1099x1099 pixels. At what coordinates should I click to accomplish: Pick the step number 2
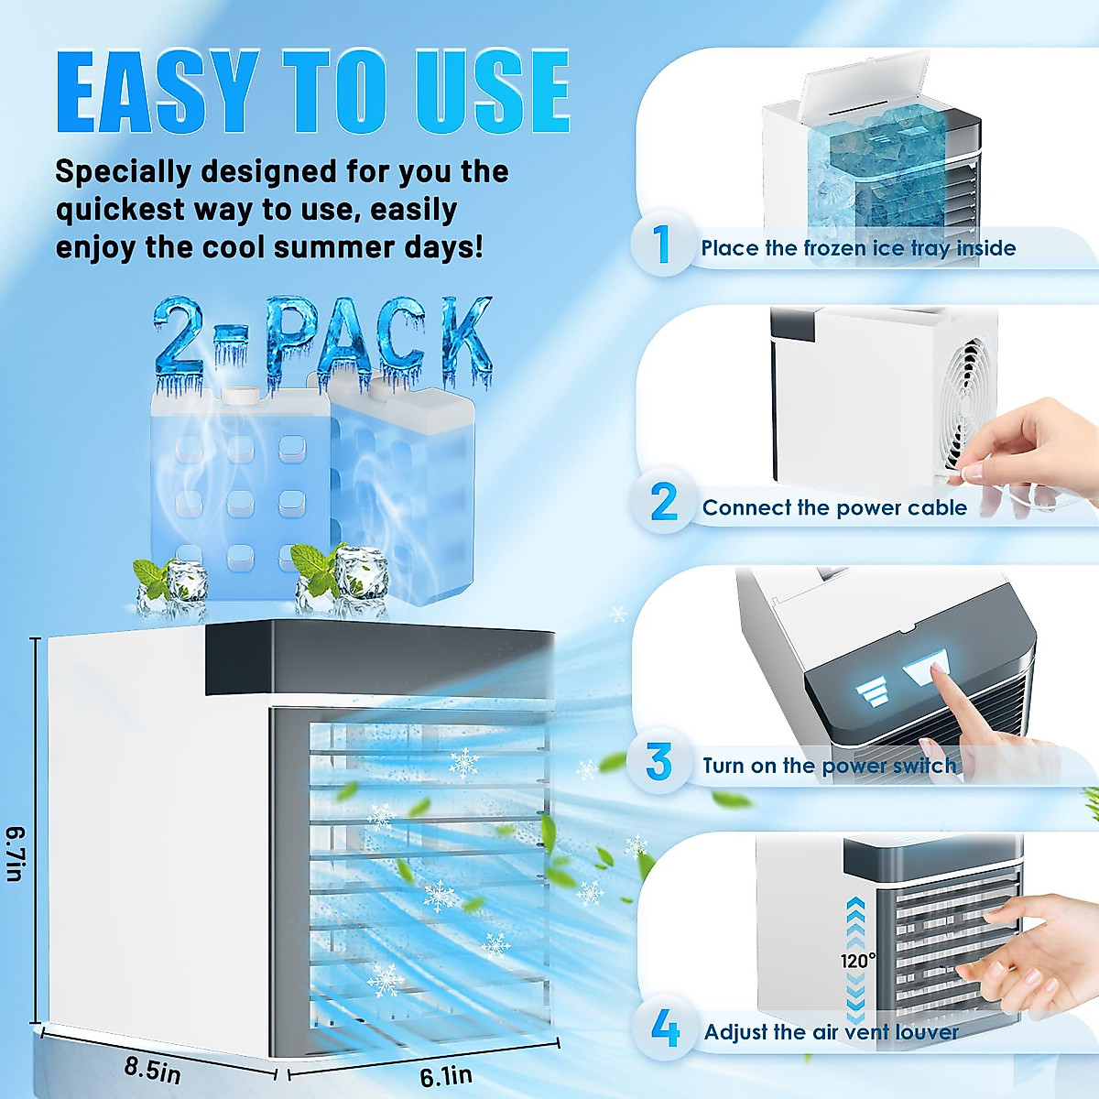663,503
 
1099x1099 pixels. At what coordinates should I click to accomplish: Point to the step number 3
658,762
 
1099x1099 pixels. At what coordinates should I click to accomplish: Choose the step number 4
664,1028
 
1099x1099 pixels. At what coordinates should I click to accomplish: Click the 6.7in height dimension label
16,854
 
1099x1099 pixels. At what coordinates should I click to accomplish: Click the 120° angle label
858,961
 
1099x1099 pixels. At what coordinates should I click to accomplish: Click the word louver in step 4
927,1032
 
